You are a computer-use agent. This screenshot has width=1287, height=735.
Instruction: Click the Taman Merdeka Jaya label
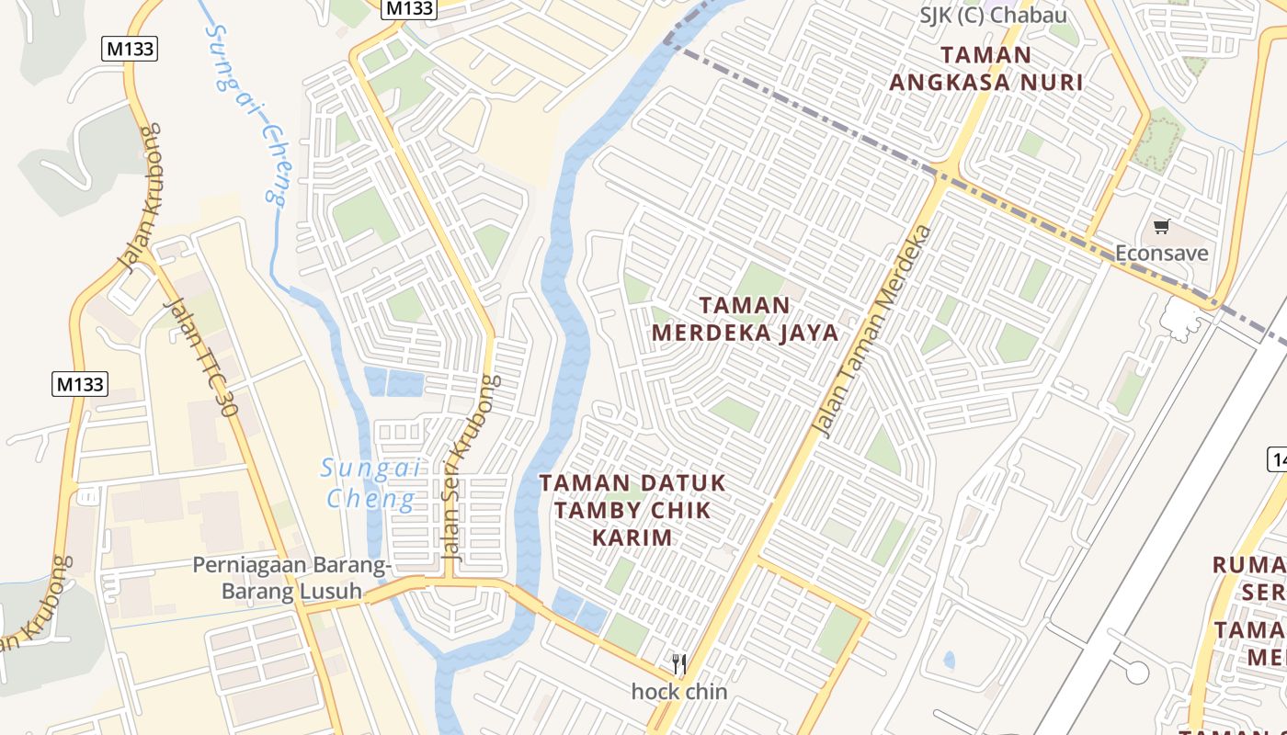click(x=746, y=319)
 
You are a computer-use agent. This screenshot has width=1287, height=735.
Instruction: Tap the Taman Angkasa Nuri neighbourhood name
click(x=985, y=69)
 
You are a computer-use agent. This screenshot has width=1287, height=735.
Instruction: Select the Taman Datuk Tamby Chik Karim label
click(x=632, y=509)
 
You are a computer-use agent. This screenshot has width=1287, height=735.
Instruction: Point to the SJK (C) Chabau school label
click(x=993, y=16)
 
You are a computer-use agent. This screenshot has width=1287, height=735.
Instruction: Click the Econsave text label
click(x=1161, y=253)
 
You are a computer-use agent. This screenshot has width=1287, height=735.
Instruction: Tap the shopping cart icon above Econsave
click(x=1162, y=226)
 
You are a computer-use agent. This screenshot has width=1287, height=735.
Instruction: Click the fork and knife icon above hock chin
click(x=679, y=663)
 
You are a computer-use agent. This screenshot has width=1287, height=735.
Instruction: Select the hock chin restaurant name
click(x=679, y=692)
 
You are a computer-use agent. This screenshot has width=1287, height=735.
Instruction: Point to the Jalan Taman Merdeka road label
click(x=874, y=332)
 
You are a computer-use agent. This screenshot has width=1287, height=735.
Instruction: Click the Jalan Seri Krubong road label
click(x=471, y=468)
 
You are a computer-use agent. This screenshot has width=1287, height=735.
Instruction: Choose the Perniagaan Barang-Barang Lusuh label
click(x=290, y=577)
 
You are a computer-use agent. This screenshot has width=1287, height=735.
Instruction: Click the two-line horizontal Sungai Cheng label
click(x=370, y=483)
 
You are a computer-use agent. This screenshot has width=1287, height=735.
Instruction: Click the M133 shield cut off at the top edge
click(x=409, y=8)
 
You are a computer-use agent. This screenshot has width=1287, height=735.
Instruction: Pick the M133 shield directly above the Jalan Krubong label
click(x=131, y=49)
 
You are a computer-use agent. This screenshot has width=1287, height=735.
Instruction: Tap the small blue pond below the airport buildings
click(x=949, y=660)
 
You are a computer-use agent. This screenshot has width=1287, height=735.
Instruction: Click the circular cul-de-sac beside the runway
click(x=1137, y=673)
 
